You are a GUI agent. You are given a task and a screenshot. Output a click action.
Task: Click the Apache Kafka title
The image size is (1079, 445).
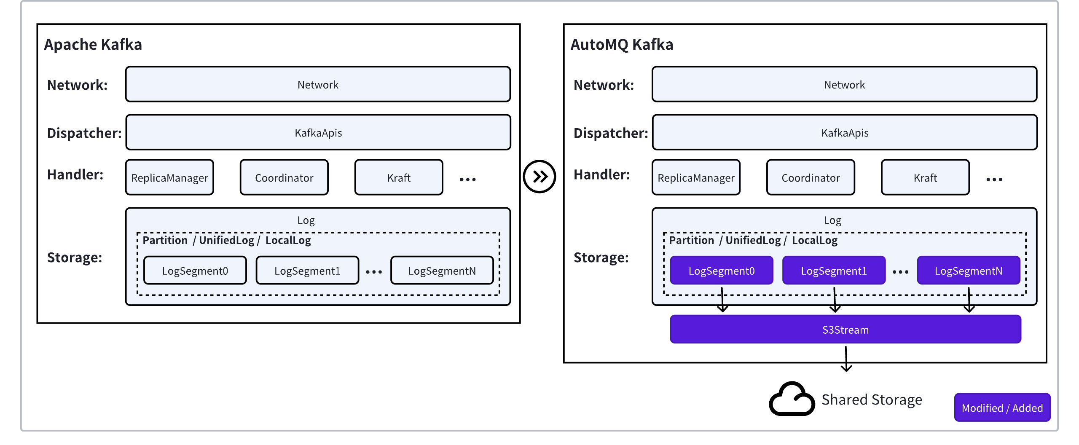[x=93, y=45]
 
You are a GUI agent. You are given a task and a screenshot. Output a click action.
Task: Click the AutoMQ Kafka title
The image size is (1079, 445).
[x=622, y=45]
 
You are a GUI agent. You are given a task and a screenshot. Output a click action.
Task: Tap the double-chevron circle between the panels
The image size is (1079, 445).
[x=539, y=177]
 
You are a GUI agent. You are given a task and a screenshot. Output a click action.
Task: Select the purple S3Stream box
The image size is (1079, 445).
[x=845, y=330]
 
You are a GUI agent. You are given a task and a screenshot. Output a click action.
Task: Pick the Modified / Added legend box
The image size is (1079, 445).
[x=1002, y=407]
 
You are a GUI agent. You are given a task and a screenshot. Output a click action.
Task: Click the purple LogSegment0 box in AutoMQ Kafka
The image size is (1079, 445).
[x=721, y=271]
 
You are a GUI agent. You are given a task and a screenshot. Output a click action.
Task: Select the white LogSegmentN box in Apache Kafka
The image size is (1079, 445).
[x=442, y=271]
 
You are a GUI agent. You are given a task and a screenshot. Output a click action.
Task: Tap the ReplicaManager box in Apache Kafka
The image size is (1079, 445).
[x=169, y=177]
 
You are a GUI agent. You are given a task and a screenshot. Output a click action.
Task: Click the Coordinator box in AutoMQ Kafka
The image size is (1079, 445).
[x=811, y=177]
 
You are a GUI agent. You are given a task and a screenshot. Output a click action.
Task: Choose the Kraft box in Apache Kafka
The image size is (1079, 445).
[x=399, y=177]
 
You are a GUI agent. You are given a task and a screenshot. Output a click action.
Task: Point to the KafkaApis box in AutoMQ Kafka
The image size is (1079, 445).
[x=845, y=133]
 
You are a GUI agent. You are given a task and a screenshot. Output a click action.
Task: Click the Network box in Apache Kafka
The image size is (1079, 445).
[x=318, y=85]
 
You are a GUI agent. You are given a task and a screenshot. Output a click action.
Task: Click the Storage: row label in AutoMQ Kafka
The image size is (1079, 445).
[x=601, y=257]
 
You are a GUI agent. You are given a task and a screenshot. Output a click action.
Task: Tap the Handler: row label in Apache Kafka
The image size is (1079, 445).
[x=75, y=174]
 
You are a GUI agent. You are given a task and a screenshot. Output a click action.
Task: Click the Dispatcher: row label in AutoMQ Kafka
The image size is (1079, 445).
[x=610, y=133]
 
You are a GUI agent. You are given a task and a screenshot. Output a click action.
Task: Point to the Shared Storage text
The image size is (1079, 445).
[x=872, y=399]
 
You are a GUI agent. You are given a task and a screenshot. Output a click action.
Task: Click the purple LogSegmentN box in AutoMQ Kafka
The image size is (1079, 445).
[x=969, y=271]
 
